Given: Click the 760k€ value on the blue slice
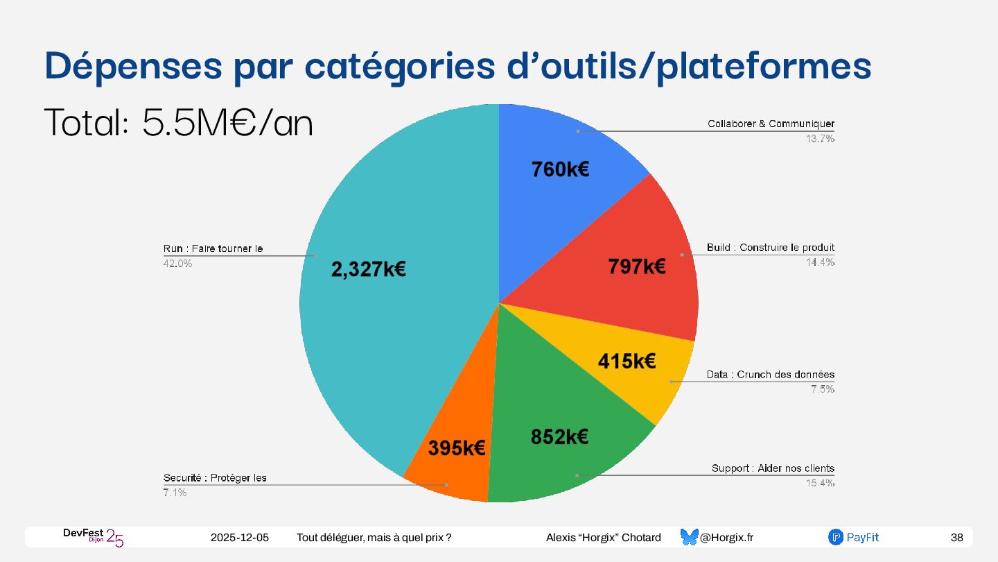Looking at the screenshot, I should click(560, 169).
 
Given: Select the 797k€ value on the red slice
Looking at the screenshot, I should click(637, 266).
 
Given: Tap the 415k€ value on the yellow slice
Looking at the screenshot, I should click(627, 361).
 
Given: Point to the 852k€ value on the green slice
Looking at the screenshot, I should click(559, 436).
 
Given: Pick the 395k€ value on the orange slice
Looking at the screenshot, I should click(456, 448).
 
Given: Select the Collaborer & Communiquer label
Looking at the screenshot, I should click(771, 124).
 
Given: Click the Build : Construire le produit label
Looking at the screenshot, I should click(770, 248).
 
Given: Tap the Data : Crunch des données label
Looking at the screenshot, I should click(770, 375).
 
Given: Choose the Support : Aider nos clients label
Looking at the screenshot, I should click(773, 468).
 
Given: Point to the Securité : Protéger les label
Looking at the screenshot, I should click(215, 478).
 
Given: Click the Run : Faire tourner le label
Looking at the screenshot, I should click(213, 248).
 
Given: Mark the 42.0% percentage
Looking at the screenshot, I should click(177, 264).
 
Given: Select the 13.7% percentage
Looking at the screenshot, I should click(820, 139).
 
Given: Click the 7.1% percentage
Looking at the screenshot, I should click(175, 493).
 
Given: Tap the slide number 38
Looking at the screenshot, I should click(956, 538).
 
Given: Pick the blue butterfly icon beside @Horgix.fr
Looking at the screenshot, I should click(689, 537).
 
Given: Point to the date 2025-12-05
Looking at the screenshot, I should click(239, 538).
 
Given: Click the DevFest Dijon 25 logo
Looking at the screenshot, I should click(93, 537).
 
